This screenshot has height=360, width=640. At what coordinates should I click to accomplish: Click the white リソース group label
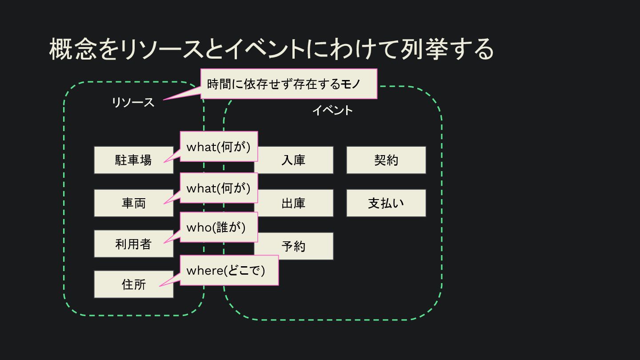[132, 103]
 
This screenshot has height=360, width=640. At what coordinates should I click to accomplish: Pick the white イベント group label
[332, 110]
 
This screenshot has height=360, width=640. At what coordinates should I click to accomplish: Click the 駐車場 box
[133, 160]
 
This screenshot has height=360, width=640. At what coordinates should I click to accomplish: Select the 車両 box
[133, 203]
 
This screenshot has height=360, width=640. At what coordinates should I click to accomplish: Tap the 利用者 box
[133, 244]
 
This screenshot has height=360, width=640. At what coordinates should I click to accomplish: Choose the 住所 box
[133, 284]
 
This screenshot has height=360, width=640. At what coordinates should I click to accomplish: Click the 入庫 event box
[294, 160]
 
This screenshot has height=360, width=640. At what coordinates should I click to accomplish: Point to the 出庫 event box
[294, 203]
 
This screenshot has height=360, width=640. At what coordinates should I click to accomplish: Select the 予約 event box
[294, 246]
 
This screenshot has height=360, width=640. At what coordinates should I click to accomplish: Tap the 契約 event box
[386, 160]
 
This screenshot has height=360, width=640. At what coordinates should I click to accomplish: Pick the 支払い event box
[386, 203]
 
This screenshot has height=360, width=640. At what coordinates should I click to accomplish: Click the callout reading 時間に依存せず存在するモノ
[288, 84]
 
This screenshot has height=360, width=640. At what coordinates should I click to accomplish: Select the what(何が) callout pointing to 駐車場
[219, 147]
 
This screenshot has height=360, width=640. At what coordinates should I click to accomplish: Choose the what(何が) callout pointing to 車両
[219, 188]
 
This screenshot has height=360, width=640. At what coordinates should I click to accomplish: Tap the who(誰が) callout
[219, 227]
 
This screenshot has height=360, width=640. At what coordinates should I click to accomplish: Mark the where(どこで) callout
[229, 270]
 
